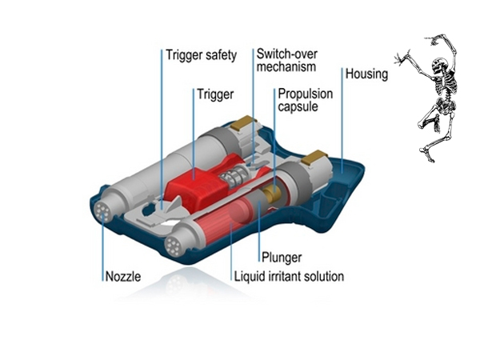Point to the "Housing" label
[366, 74]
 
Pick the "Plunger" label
[281, 258]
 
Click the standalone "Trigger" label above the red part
[215, 94]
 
